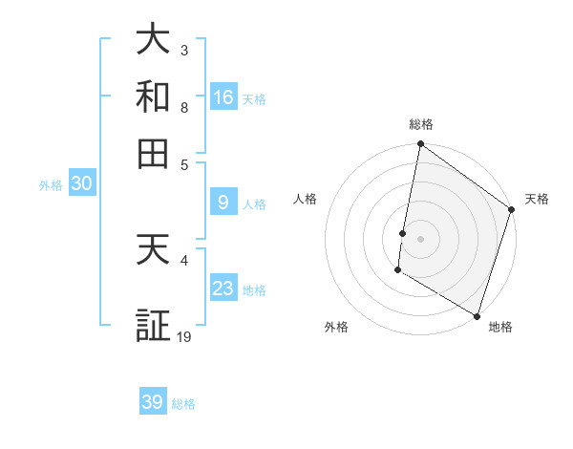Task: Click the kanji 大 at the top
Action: [154, 39]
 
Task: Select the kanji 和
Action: [154, 97]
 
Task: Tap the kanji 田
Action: [154, 153]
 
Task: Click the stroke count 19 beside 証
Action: [184, 336]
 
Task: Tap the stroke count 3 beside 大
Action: [184, 50]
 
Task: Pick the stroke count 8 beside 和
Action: [184, 108]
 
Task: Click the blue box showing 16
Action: [223, 97]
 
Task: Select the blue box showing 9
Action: [223, 203]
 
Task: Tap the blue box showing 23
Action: [223, 289]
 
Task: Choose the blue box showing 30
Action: [81, 184]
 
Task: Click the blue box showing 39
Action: [153, 402]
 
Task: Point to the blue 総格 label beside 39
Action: [183, 404]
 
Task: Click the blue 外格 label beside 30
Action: [51, 186]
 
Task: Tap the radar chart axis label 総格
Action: [420, 124]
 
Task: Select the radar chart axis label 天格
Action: [537, 199]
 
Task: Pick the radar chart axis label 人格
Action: [306, 199]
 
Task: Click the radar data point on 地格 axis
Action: [476, 315]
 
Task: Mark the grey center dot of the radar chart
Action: [420, 238]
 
